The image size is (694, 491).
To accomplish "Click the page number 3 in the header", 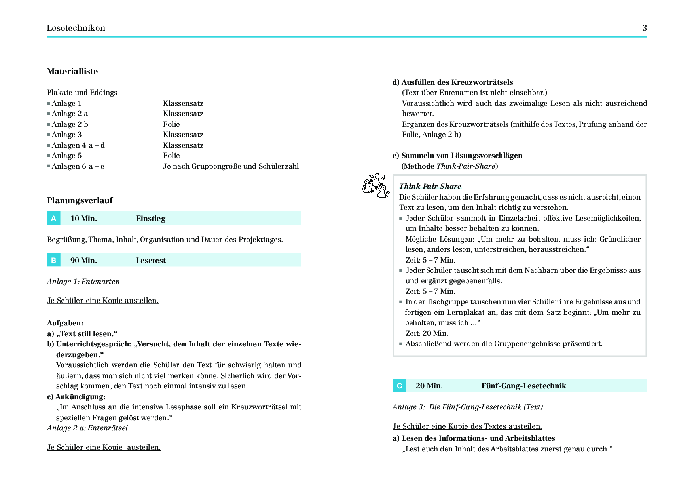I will (x=645, y=28).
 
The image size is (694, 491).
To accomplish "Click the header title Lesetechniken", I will (x=76, y=28).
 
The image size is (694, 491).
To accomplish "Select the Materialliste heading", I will (x=72, y=71).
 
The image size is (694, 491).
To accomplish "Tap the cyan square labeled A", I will (x=54, y=218).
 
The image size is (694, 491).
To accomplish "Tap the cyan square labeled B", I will (x=54, y=260).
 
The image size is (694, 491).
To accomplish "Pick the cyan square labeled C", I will (x=399, y=386).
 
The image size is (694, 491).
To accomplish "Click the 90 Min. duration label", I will (x=83, y=260).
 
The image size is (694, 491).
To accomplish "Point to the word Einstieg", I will (x=151, y=218).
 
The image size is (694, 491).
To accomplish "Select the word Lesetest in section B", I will (x=151, y=260).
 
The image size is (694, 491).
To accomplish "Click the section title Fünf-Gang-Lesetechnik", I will (x=523, y=386).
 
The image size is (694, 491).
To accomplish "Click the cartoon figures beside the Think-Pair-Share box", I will (x=375, y=186).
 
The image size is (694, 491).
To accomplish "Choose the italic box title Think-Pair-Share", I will (x=430, y=186).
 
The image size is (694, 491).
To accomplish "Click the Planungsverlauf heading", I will (x=80, y=200).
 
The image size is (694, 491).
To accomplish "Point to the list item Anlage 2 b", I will (x=70, y=124).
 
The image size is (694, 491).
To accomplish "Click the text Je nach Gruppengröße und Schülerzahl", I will (x=231, y=166).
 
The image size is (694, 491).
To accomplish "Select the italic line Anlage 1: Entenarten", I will (x=83, y=282).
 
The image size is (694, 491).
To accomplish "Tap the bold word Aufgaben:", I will (x=65, y=323).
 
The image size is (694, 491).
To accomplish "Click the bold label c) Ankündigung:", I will (x=76, y=397).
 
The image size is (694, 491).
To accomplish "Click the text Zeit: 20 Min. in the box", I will (x=427, y=333).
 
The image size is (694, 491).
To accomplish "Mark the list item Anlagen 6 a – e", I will (x=78, y=166).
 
